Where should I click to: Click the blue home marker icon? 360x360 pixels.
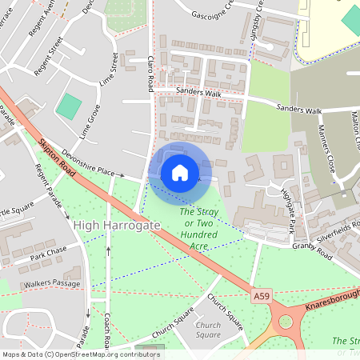180,172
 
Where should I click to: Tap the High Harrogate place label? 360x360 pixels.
117,226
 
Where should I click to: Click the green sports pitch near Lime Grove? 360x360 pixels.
70,106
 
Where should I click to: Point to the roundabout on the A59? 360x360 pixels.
284,324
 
